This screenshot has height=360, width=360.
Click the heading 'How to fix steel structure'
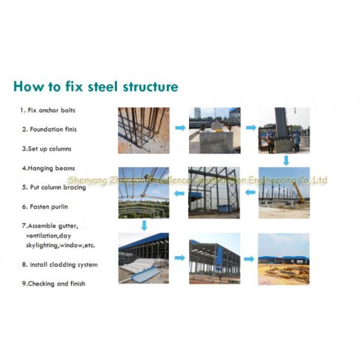point(96,86)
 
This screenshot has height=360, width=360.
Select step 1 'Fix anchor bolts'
point(48,110)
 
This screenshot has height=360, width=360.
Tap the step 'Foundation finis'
point(49,129)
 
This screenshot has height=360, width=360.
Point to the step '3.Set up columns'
point(47,149)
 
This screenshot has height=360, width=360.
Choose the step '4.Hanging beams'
point(49,168)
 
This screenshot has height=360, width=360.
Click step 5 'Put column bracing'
point(54,187)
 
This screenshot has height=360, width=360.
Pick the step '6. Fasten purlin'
point(45,206)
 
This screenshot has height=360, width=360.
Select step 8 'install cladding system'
point(60,265)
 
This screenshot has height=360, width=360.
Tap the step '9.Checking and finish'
point(53,284)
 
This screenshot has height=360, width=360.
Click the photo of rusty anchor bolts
point(144,130)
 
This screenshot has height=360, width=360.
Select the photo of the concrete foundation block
point(215,130)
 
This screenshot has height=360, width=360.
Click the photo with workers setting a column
point(284,130)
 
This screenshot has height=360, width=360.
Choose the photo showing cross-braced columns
point(214,193)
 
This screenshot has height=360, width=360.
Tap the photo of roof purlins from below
point(144,193)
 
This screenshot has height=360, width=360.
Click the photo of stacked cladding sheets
point(143,258)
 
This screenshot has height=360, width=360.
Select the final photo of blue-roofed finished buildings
point(284,259)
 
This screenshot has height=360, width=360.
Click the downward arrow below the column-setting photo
point(286,160)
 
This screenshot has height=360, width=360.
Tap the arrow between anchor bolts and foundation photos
point(180,128)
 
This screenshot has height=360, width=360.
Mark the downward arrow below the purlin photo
point(144,226)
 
